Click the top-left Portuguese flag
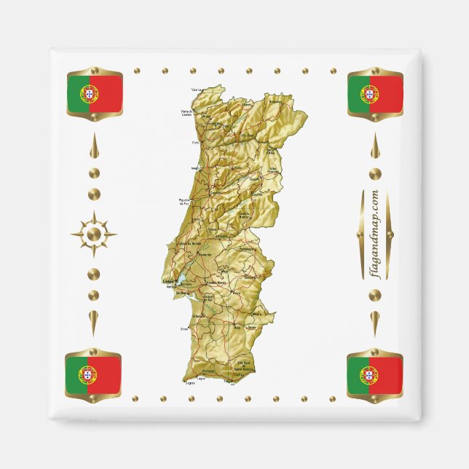[x=94, y=92]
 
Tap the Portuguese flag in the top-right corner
[x=375, y=94]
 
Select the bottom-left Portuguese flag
[x=93, y=374]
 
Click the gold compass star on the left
[x=93, y=234]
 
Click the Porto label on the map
[x=195, y=143]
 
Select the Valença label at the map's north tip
[x=197, y=90]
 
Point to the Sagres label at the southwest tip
[x=191, y=380]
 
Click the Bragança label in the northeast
[x=276, y=103]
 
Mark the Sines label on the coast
[x=184, y=329]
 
